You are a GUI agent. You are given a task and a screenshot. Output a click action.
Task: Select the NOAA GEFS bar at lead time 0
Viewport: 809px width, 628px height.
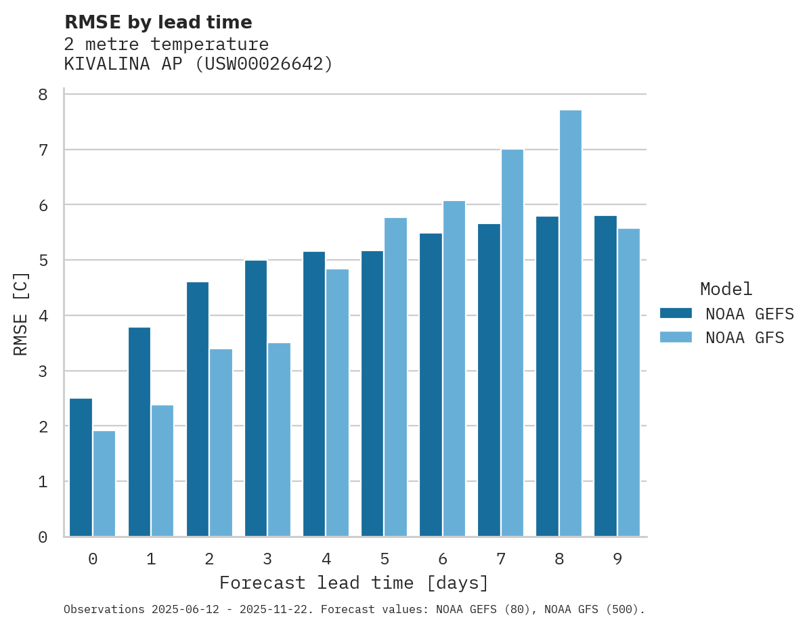point(81,468)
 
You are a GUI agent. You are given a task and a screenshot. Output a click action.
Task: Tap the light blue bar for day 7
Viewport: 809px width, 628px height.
point(512,343)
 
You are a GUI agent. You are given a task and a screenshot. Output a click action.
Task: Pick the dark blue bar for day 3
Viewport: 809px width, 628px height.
point(255,399)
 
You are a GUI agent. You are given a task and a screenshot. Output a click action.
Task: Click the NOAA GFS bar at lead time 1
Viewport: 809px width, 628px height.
point(162,471)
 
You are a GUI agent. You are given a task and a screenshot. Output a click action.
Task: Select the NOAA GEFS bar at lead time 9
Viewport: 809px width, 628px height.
point(605,376)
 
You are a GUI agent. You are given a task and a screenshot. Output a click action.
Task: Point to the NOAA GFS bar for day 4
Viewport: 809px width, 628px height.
point(337,403)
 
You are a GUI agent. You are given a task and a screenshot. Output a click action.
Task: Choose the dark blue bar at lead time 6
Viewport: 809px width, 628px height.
point(431,385)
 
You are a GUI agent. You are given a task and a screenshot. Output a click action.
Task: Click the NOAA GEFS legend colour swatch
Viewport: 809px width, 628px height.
point(676,313)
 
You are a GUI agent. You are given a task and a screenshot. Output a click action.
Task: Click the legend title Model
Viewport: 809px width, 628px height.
point(726,289)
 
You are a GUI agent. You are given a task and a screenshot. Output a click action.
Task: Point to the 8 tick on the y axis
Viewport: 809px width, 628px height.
point(43,95)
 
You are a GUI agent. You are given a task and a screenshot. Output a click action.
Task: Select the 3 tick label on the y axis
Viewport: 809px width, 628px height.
point(43,372)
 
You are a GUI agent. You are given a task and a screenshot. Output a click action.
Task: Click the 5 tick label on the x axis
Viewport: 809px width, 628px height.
point(385,559)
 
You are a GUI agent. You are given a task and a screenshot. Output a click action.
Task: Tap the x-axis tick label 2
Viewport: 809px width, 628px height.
point(210,559)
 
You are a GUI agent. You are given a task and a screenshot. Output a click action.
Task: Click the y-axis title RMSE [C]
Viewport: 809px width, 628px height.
point(21,313)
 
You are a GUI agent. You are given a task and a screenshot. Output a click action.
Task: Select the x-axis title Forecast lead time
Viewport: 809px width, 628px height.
point(353,583)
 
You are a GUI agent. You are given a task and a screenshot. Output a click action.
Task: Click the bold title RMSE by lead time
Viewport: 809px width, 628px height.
point(158,22)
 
